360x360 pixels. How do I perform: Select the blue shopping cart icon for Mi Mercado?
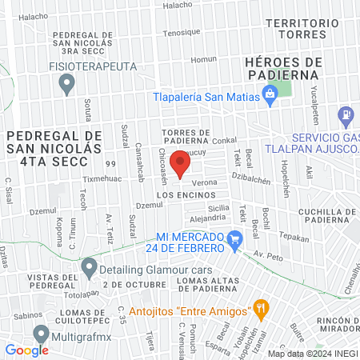click(234, 238)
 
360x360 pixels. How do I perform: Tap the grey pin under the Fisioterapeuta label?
click(67, 82)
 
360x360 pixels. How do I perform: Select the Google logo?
click(26, 350)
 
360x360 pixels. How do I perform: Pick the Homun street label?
click(204, 59)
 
